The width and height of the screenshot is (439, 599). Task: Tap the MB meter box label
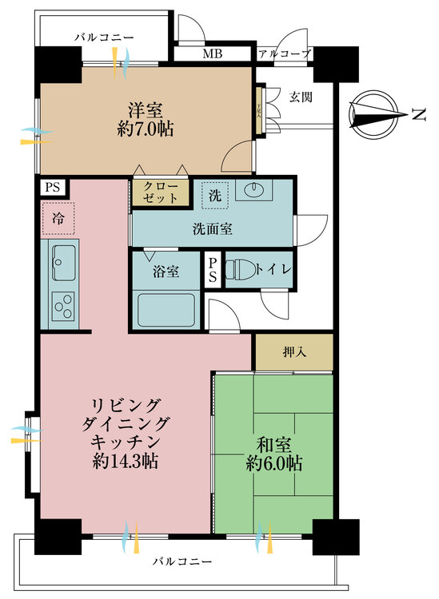point(212,54)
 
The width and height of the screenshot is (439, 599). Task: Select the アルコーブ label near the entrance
point(284,54)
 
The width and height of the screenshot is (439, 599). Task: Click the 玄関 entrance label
point(301,97)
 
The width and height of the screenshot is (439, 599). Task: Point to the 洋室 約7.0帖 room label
point(146,119)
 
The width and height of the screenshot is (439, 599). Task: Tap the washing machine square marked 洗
point(216,192)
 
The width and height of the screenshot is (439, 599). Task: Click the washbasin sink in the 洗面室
point(255,190)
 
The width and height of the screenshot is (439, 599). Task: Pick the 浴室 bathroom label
point(166,272)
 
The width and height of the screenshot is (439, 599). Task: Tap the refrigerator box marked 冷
point(58,216)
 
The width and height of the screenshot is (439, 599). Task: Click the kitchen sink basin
point(62,258)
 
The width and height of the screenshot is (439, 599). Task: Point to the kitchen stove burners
point(62,304)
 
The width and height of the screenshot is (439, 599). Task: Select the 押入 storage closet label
point(293,352)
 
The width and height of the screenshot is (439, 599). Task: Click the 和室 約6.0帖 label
point(273,451)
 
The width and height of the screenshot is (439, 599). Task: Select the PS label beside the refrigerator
point(53,188)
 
